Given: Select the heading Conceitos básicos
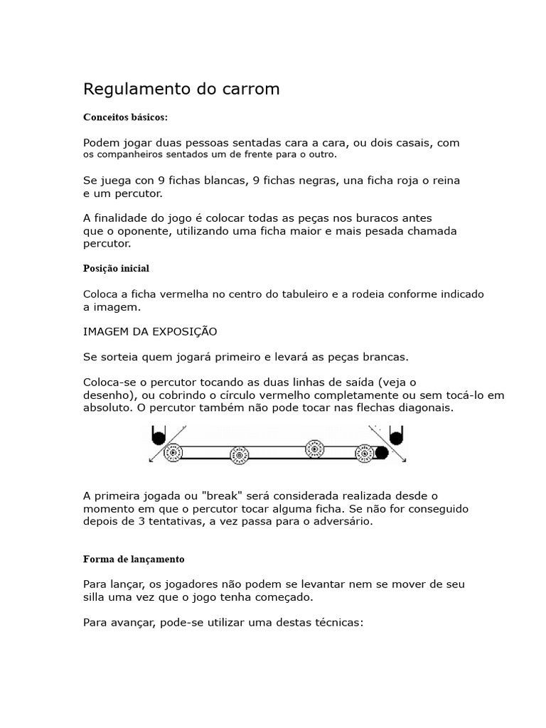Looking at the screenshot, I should click(x=126, y=117).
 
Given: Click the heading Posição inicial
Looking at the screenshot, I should click(x=116, y=269).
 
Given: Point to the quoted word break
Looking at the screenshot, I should click(x=221, y=495).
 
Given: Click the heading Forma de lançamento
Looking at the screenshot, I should click(x=134, y=559).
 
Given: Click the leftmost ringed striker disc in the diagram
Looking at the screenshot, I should click(x=172, y=452).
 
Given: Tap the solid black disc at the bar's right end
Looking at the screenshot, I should click(x=382, y=452).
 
